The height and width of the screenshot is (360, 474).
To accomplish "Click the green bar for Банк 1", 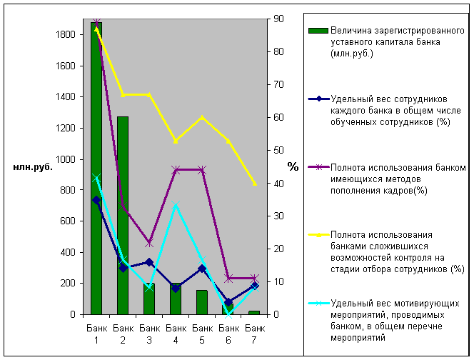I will click(x=96, y=171).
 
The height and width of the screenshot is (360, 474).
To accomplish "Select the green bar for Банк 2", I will click(x=123, y=214).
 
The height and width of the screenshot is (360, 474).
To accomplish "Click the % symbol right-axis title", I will click(x=293, y=166).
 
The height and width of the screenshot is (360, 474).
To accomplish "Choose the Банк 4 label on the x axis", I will click(x=176, y=332).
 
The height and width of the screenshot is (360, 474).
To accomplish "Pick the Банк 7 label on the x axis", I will click(x=255, y=332).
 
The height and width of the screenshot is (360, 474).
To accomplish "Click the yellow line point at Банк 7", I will click(x=255, y=184).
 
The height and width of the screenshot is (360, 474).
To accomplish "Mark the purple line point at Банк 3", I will click(x=149, y=244).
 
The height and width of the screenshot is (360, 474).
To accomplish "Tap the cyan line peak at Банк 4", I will click(x=176, y=206).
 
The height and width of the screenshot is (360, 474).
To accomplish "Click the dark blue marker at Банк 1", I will click(x=96, y=201).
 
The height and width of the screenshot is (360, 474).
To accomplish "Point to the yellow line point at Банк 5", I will click(x=202, y=117).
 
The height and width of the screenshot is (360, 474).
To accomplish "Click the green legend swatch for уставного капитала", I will click(x=318, y=31).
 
